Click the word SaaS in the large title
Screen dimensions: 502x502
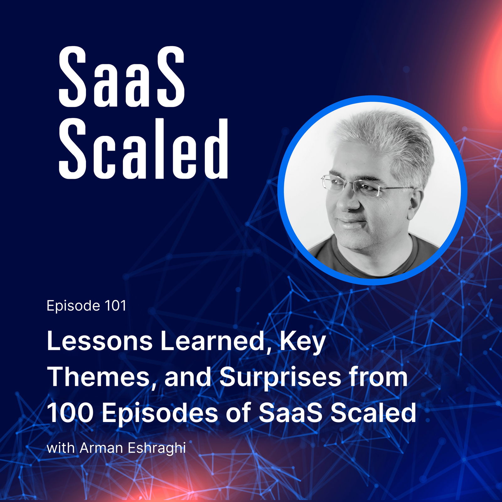click(x=122, y=77)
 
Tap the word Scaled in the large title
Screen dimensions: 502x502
click(x=143, y=149)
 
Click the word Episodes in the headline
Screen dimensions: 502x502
click(x=159, y=414)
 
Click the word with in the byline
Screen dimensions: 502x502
click(x=61, y=448)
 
